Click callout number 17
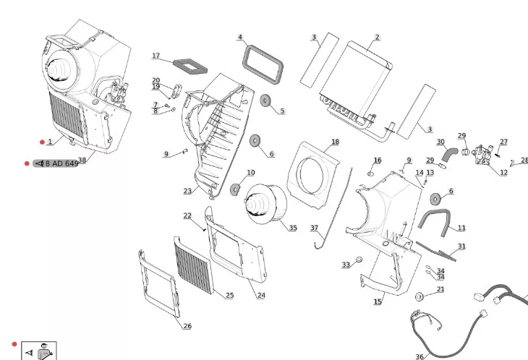156,56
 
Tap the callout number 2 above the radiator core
377,38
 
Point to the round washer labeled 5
265,100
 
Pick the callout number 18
335,142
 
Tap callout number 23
187,191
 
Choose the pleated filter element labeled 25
194,265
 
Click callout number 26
187,326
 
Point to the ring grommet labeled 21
420,297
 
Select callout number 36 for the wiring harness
420,356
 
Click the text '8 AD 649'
61,163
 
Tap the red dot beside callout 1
42,142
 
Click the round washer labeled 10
235,189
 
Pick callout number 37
314,228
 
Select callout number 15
378,301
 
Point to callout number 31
461,247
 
